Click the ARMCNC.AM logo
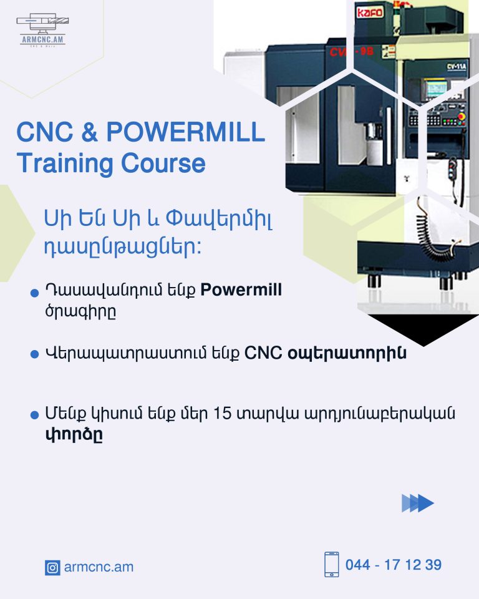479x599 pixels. (x=42, y=30)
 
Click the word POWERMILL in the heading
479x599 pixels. (x=185, y=132)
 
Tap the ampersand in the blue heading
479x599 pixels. (x=89, y=132)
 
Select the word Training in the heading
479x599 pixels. (x=65, y=164)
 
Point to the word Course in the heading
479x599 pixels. (x=163, y=163)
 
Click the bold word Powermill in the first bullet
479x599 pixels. (x=241, y=290)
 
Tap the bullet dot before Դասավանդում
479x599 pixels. (x=34, y=293)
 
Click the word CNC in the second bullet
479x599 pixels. (x=263, y=353)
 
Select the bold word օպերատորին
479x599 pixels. (x=347, y=353)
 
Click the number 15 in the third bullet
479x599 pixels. (x=222, y=413)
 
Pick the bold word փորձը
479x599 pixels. (x=74, y=434)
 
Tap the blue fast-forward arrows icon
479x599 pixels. (x=417, y=503)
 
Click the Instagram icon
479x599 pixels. (x=52, y=568)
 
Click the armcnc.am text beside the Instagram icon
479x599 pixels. (x=99, y=567)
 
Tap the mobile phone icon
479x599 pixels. (x=332, y=564)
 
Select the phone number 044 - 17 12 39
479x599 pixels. (x=394, y=565)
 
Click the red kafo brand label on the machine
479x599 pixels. (x=369, y=12)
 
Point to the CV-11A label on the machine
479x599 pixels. (x=457, y=67)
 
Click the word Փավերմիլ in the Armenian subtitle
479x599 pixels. (x=219, y=219)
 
